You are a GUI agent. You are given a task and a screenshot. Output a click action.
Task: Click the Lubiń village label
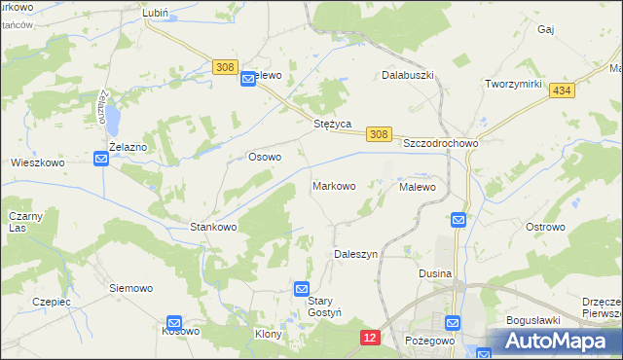tap(156, 13)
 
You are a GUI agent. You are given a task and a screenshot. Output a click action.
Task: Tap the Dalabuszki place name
tap(407, 74)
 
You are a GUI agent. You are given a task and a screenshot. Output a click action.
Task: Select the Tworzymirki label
tap(513, 84)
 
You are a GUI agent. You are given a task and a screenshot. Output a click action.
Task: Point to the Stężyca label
tap(331, 125)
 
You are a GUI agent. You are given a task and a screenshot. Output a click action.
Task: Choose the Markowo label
tap(333, 185)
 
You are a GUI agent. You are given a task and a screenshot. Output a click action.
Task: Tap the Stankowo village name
tap(213, 227)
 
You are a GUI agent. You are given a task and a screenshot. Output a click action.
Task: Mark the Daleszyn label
tap(355, 253)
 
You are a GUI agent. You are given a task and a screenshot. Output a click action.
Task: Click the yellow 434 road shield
tap(561, 90)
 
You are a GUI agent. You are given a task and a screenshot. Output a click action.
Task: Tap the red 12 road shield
tap(369, 337)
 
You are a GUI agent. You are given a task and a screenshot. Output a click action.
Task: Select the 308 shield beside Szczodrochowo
tap(380, 134)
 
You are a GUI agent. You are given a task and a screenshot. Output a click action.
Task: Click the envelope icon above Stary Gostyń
tap(302, 289)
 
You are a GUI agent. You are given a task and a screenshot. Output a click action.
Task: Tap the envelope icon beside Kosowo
tap(174, 322)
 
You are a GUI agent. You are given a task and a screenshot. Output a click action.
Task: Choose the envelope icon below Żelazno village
tap(102, 159)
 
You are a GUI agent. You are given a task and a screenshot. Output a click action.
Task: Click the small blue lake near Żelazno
tap(114, 121)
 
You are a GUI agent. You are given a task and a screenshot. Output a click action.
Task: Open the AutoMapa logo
tap(555, 342)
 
